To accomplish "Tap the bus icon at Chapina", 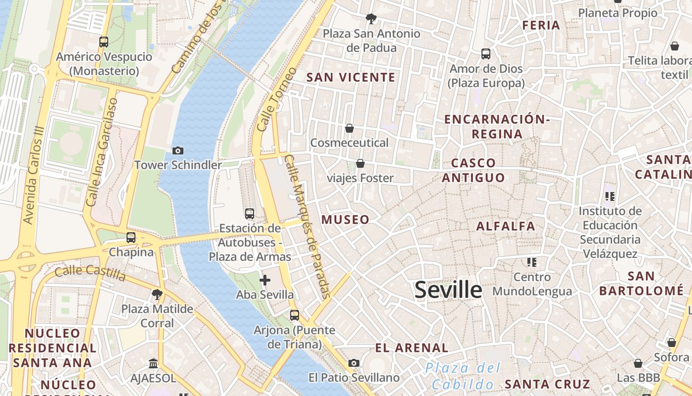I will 131,238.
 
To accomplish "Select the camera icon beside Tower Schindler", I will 177,150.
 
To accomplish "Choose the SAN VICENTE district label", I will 351,77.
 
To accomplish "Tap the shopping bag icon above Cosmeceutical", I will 349,129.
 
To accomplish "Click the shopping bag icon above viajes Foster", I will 360,163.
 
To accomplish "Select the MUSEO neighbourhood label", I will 346,220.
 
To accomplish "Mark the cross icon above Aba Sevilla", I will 265,280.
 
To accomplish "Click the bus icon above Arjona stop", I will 295,315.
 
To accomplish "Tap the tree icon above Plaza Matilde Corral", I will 157,295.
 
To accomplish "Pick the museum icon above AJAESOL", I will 153,364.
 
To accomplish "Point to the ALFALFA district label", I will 506,226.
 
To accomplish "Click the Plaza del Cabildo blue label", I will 463,376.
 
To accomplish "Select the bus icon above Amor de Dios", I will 486,54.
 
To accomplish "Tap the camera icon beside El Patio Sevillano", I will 353,363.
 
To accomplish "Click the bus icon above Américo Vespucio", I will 104,42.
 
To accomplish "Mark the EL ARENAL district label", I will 412,348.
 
